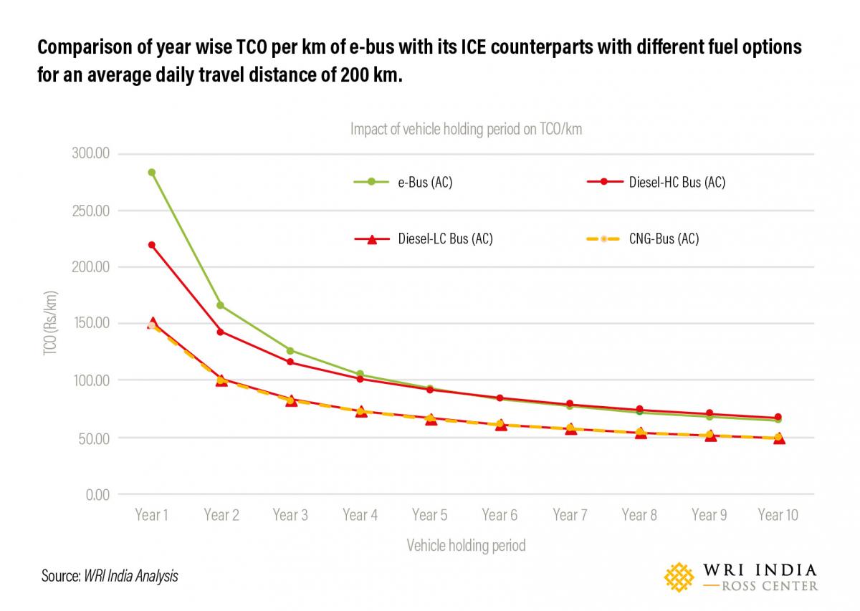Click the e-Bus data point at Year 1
(x=152, y=173)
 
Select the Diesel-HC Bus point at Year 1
(x=152, y=245)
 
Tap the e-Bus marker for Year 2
(x=221, y=306)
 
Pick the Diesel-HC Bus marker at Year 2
(x=221, y=332)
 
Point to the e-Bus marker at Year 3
(x=290, y=350)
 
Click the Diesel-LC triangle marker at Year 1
(x=152, y=323)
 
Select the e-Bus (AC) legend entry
(x=403, y=182)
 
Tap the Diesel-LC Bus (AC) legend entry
(x=424, y=239)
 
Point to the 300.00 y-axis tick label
(x=90, y=154)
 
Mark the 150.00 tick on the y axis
(x=90, y=324)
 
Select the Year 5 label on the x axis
(x=429, y=515)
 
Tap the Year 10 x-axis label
(x=778, y=515)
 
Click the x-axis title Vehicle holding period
(x=466, y=546)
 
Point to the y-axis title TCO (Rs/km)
(x=50, y=324)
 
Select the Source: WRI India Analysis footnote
(x=110, y=576)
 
